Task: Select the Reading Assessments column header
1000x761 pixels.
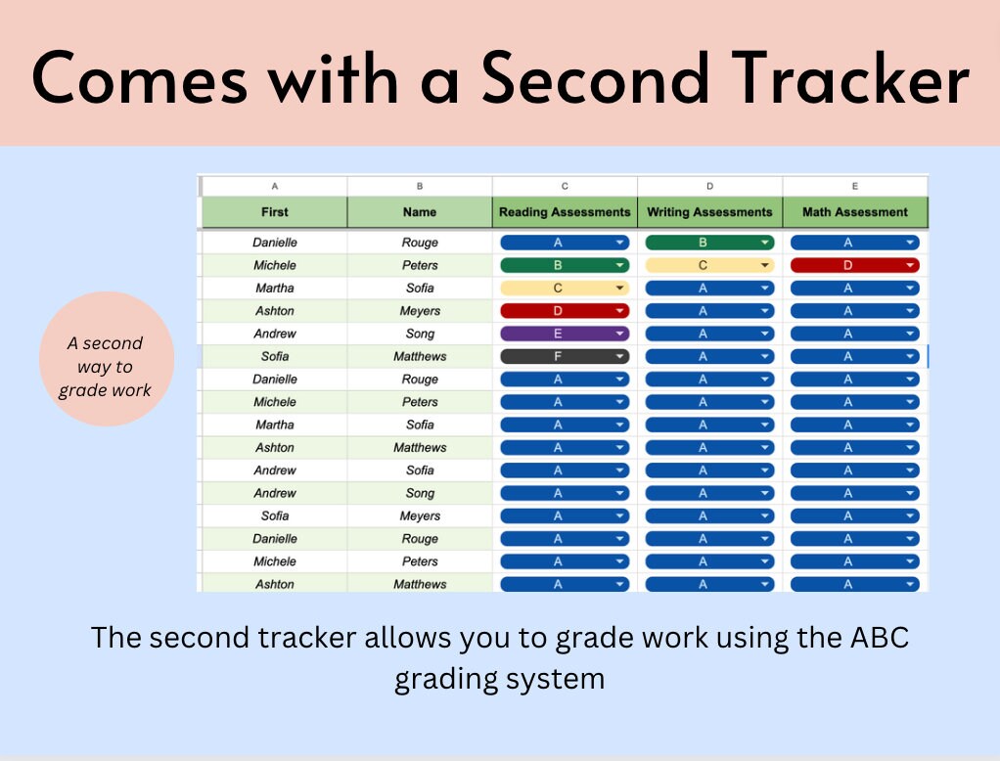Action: coord(565,212)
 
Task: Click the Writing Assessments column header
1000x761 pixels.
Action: coord(709,212)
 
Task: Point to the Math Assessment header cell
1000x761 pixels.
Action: coord(854,212)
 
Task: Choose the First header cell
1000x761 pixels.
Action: coord(274,212)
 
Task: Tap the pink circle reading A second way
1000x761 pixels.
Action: coord(106,367)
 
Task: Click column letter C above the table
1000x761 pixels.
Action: coord(565,185)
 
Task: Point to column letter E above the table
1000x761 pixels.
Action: coord(854,185)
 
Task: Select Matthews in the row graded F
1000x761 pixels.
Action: coord(420,356)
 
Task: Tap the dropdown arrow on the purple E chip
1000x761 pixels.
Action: coord(620,334)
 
